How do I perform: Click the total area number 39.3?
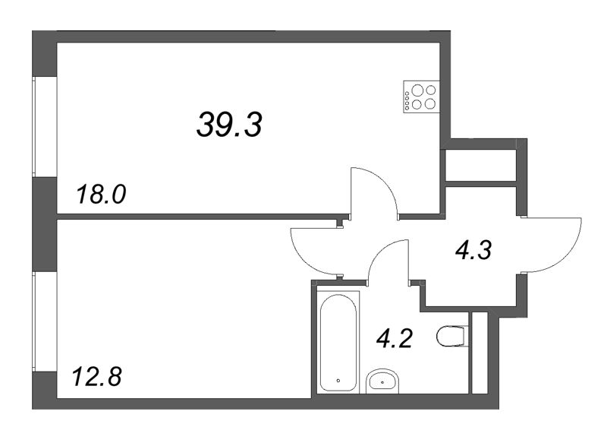coord(229,123)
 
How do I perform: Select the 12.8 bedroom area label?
coord(96,375)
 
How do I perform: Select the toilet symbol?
coord(453,336)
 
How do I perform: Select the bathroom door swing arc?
coord(387,258)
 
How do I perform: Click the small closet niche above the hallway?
coord(480,165)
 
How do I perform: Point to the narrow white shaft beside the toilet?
coord(479,352)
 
